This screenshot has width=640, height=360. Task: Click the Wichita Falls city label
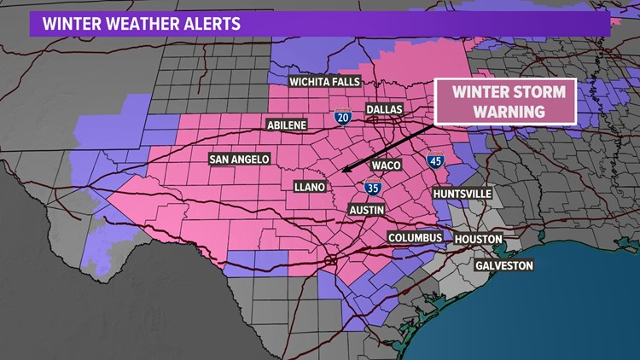click(313, 82)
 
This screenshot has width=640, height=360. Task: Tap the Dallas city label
click(384, 109)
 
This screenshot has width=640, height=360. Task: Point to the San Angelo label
click(240, 159)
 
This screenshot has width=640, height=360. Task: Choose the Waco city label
click(387, 165)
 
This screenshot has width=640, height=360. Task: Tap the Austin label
click(368, 209)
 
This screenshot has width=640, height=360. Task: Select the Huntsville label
click(463, 194)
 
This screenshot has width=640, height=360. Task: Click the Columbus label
click(415, 236)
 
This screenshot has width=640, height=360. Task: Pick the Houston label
click(479, 239)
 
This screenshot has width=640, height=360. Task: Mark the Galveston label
click(504, 265)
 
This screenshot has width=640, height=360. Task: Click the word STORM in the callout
click(536, 93)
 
